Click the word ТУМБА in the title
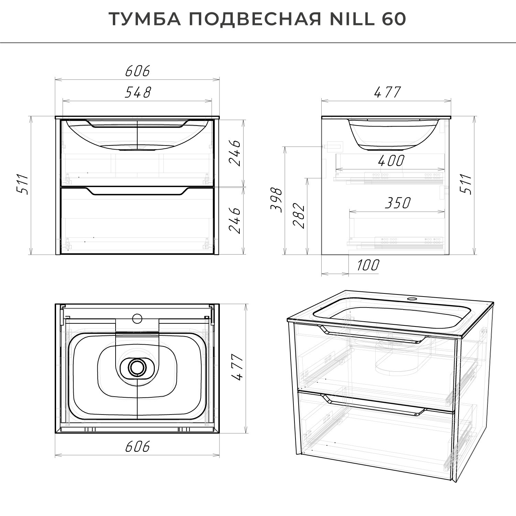pos(145,19)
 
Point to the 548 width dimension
pos(138,92)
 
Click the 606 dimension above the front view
pos(138,71)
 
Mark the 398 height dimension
pos(277,200)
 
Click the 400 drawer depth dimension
pos(391,161)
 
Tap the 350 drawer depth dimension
pos(398,203)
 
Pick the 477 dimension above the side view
pos(387,92)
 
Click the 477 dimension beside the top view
pos(237,368)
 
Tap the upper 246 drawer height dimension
pos(235,153)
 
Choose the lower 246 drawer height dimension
pos(235,221)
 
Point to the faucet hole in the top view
pos(137,318)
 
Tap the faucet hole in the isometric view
pos(411,299)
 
